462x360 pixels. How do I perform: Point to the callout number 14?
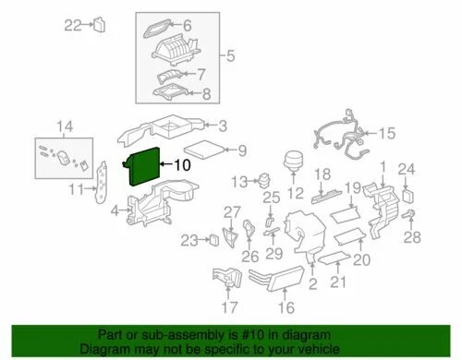pyautogui.click(x=63, y=126)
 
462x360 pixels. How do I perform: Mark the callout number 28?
pyautogui.click(x=412, y=237)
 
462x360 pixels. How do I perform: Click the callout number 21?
pyautogui.click(x=340, y=281)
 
